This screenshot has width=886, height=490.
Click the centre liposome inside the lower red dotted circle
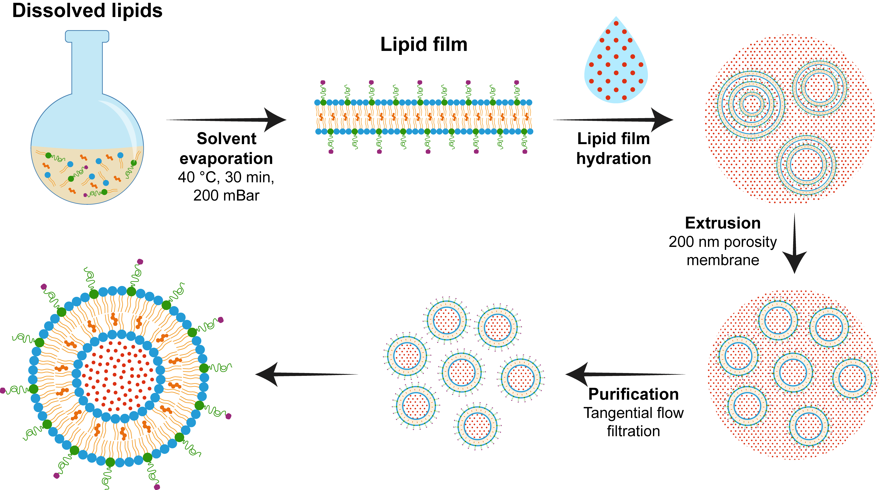coord(793,372)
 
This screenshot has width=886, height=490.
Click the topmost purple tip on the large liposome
coord(140,262)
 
